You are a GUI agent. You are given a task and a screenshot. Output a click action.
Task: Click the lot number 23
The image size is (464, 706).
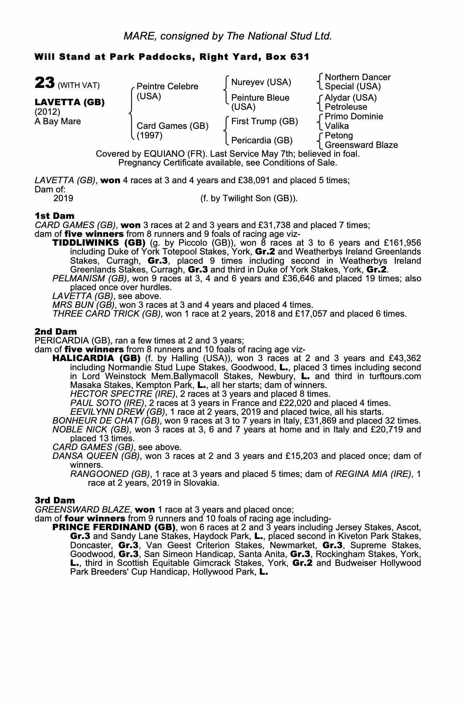(44, 83)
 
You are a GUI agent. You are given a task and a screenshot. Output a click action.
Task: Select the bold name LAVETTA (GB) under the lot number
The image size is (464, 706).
(70, 102)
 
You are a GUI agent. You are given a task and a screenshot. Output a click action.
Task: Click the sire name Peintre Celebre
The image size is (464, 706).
(167, 86)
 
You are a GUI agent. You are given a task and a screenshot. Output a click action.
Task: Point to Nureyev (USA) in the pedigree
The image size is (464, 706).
(261, 82)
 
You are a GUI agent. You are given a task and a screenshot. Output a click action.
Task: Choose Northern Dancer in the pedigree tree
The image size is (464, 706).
(357, 77)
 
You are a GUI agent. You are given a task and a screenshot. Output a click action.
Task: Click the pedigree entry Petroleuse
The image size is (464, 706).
(346, 107)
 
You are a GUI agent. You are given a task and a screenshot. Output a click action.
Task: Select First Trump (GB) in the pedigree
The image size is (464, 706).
(264, 121)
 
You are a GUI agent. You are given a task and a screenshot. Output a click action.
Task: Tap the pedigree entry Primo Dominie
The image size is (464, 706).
(353, 116)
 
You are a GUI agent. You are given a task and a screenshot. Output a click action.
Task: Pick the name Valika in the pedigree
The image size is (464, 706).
(337, 126)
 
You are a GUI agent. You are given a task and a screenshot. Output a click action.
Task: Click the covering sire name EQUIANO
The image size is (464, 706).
(165, 154)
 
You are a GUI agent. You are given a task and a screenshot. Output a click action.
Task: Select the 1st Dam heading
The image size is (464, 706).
(54, 216)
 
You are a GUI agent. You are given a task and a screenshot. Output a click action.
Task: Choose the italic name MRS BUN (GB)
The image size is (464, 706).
(83, 305)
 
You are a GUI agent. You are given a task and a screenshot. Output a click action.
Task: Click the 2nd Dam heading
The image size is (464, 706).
(55, 331)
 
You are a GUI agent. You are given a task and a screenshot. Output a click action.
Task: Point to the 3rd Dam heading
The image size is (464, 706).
(55, 500)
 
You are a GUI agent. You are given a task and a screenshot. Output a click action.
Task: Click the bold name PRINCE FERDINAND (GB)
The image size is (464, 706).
(114, 527)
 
